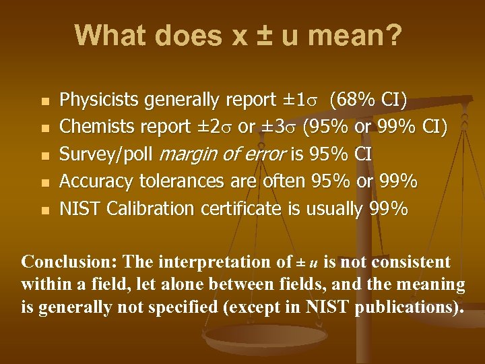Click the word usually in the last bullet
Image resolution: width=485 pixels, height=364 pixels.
(x=334, y=209)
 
